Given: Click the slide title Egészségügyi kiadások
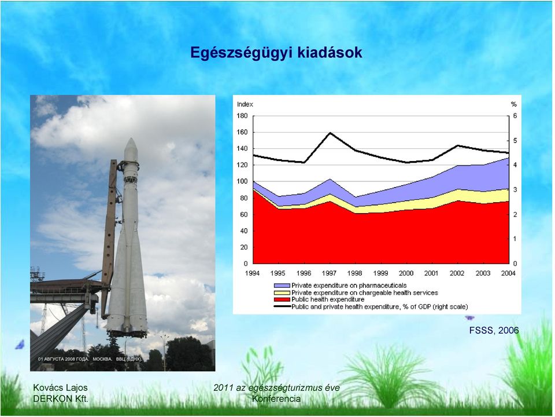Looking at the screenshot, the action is coord(276,53).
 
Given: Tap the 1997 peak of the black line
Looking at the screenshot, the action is coord(330,133).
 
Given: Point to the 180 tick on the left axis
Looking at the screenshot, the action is coord(242,116).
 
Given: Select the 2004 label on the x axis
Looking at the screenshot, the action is coord(508,273).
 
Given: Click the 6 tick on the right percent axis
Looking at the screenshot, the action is coord(515,116).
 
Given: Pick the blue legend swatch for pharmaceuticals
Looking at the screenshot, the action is coord(282,286).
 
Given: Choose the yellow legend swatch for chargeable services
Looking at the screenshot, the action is coord(282,292).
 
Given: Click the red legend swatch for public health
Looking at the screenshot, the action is coord(282,299).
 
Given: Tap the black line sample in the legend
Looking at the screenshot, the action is coord(282,306).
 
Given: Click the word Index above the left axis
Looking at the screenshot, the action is coord(245,104).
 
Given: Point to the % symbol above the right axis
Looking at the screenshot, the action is coord(514,104).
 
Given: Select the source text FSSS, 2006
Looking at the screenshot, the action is coord(494,331).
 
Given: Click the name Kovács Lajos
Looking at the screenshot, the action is coord(60,387).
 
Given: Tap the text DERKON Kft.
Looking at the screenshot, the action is coord(61,398).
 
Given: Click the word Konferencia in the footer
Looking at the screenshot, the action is coord(276,398).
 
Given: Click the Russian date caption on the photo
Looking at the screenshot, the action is coord(90,359).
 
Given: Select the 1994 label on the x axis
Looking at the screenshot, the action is coord(252,273).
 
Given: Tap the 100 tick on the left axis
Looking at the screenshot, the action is coord(242,181).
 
